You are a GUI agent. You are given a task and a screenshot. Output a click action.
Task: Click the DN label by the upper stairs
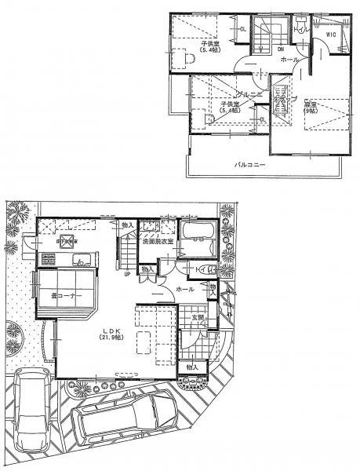coord(281,49)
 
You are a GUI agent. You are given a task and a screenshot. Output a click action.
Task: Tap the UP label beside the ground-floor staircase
coord(127,276)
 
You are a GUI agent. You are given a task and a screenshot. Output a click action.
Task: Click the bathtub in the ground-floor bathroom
coord(197,235)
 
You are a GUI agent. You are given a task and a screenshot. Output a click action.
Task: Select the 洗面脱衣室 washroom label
coord(158,243)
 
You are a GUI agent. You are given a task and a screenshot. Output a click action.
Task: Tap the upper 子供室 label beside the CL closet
coord(209,46)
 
